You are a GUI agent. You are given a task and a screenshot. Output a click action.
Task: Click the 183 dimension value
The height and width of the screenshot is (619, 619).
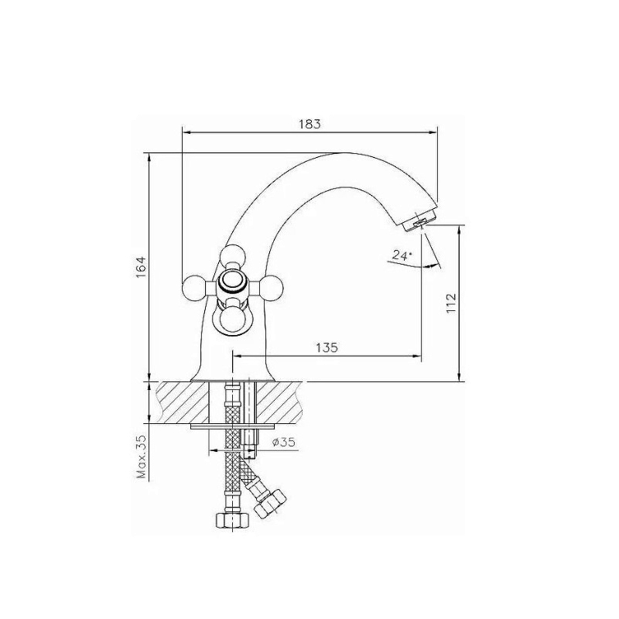click(310, 124)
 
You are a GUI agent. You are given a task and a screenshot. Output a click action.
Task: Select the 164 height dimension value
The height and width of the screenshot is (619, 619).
click(142, 267)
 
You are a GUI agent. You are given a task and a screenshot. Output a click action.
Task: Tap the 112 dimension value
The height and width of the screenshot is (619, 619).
click(451, 303)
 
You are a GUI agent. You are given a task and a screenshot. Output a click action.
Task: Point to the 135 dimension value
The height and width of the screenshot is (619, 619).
click(327, 347)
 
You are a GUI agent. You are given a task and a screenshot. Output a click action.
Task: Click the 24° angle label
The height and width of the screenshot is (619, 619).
click(402, 255)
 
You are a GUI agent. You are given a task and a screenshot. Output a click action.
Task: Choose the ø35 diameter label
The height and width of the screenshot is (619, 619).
click(283, 442)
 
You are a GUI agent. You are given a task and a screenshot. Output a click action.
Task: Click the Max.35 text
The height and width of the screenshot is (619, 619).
click(142, 457)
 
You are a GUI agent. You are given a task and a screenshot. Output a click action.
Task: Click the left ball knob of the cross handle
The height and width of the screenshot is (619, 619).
click(194, 285)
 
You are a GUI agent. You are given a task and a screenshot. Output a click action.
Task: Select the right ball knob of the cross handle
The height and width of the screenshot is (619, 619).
click(269, 285)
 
